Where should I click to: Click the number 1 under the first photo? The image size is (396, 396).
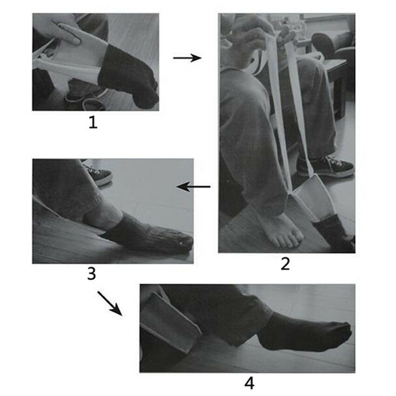coord(93,122)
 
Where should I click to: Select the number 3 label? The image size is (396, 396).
coord(91,273)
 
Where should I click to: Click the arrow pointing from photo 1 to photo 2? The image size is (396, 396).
coord(187,58)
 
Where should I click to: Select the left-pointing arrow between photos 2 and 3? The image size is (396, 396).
coord(194,187)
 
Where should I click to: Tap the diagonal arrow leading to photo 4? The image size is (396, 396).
coord(109,302)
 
